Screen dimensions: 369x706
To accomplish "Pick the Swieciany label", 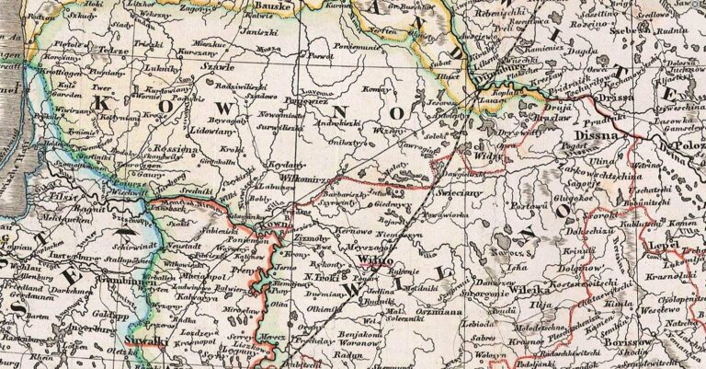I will (x=456, y=195).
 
